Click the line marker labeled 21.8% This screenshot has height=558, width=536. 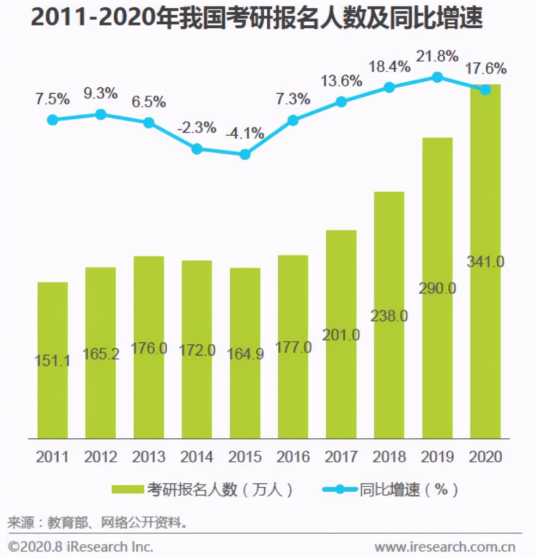437,77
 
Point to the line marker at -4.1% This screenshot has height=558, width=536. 245,154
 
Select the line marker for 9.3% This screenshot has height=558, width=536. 100,114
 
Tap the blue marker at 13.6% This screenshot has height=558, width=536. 341,102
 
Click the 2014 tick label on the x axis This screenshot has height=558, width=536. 197,457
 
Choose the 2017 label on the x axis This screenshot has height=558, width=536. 341,457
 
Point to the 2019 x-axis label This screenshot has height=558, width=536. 437,457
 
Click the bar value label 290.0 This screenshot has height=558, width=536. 437,288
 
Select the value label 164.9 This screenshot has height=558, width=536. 245,354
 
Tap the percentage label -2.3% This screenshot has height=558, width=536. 197,128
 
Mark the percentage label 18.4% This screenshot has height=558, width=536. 389,67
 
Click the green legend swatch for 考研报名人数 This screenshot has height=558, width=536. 128,489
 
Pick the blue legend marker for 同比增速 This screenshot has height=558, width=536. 340,489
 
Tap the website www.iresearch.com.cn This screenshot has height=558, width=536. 445,547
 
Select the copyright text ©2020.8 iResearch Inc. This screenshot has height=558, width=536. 81,547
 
